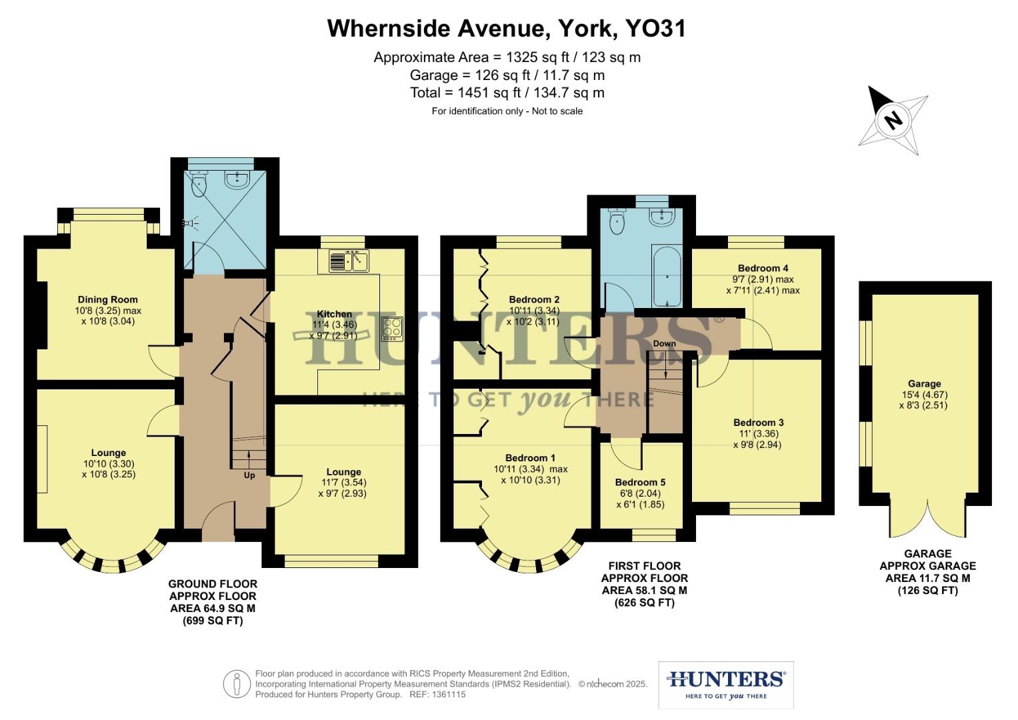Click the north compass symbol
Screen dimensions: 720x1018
tap(893, 120)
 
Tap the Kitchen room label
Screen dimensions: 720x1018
tap(334, 314)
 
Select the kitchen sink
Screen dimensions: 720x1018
tap(349, 261)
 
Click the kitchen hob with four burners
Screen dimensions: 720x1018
tap(391, 329)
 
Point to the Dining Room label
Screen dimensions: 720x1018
tap(107, 299)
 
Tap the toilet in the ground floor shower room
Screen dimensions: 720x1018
tap(199, 184)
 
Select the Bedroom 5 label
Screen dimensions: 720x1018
tap(640, 482)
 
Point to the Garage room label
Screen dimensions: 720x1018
tap(924, 383)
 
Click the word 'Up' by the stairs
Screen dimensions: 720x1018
tap(249, 475)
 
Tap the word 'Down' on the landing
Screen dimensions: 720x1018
tap(664, 343)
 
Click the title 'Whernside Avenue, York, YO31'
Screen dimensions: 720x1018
tap(507, 28)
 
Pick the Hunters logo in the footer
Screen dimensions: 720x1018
tap(725, 684)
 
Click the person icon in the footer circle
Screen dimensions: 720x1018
tap(236, 684)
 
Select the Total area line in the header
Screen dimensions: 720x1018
tap(507, 93)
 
